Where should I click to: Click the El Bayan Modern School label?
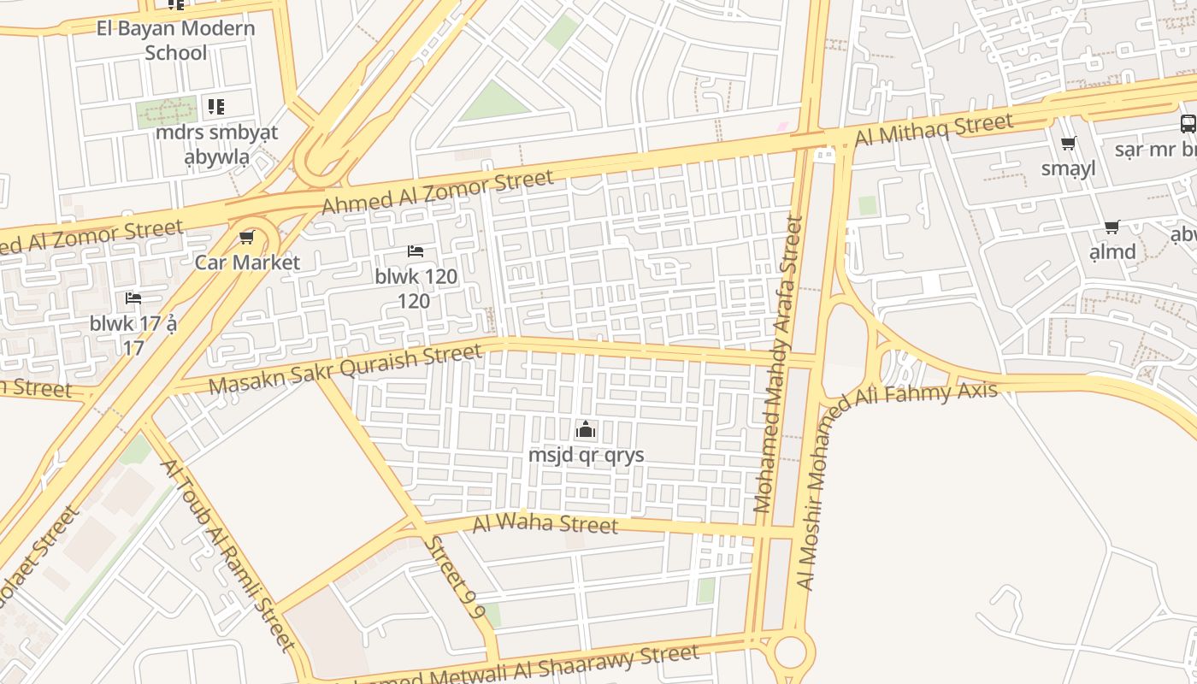click(175, 40)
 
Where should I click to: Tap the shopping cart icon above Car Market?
click(247, 237)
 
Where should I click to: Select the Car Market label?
click(247, 262)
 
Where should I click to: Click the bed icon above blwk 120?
click(416, 251)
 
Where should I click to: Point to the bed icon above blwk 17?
click(133, 298)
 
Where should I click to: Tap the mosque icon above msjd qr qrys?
click(586, 429)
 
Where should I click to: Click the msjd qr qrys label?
click(586, 455)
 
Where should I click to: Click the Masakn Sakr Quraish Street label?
click(345, 369)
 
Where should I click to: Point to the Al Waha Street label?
click(545, 522)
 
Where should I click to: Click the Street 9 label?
click(455, 577)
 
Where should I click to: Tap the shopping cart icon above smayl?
click(1068, 144)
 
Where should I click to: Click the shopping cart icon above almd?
click(1111, 227)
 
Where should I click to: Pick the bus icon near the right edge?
click(1188, 123)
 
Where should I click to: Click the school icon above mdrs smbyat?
click(216, 107)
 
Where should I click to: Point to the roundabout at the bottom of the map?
click(791, 652)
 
